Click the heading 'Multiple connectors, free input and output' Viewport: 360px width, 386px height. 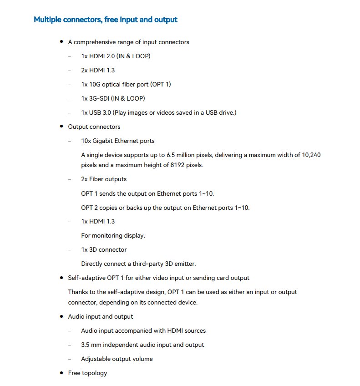point(106,20)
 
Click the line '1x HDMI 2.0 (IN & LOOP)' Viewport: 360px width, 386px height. point(116,56)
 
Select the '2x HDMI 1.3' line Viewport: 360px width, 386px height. point(98,71)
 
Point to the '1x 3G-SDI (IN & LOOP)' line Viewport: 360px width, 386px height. point(113,99)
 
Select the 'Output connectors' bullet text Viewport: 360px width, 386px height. point(94,127)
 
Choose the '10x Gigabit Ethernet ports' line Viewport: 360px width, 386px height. point(117,141)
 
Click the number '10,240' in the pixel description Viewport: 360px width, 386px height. point(311,155)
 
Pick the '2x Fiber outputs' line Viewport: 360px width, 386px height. point(104,179)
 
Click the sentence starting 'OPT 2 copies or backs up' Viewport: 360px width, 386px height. point(165,208)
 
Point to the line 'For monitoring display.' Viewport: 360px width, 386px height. point(113,236)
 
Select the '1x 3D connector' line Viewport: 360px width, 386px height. point(104,250)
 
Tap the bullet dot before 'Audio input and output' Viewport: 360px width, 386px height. point(61,316)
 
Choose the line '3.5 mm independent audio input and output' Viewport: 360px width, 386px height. point(142,345)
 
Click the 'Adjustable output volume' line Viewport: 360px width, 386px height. point(117,359)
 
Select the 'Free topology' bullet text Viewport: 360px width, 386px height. point(87,373)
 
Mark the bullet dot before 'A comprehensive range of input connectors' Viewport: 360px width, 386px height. point(61,42)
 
